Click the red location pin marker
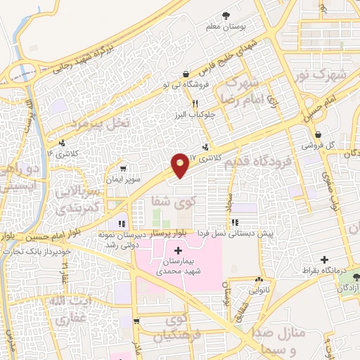pos(180,164)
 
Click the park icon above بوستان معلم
pos(226,15)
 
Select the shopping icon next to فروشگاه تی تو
pos(185,75)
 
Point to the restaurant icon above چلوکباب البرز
pos(185,103)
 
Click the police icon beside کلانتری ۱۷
pos(205,148)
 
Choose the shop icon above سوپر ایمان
pos(124,169)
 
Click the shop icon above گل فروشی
pos(319,134)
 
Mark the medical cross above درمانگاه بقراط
pos(324,259)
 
